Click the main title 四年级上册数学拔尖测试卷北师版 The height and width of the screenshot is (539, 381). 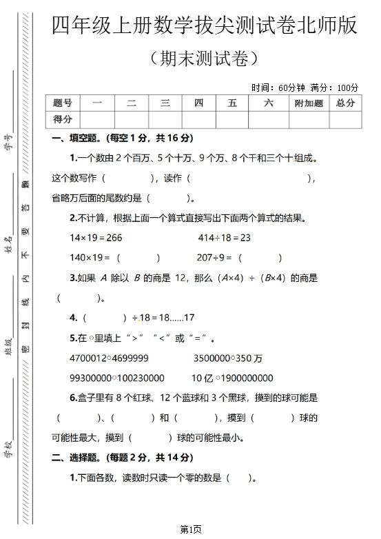pos(205,26)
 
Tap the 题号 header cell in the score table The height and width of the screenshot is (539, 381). pos(63,103)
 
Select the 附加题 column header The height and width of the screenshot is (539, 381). pos(308,103)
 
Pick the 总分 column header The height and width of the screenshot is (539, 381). pos(345,103)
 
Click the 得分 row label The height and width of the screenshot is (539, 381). pos(63,119)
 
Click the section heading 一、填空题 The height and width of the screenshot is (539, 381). pos(76,139)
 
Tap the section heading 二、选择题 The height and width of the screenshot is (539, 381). pos(76,458)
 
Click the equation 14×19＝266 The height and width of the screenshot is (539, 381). pos(96,238)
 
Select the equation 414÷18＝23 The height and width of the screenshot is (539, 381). pos(224,238)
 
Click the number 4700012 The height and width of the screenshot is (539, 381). pos(88,358)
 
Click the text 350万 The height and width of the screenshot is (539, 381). pos(248,358)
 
